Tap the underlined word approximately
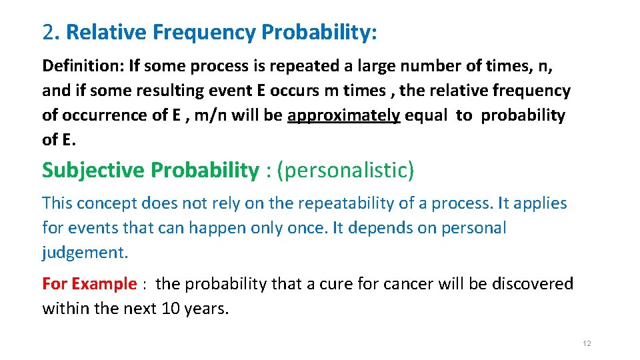[x=344, y=115]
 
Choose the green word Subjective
[x=93, y=171]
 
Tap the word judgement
[x=85, y=253]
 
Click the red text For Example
[x=89, y=284]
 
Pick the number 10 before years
[x=172, y=309]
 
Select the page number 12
[x=587, y=343]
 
